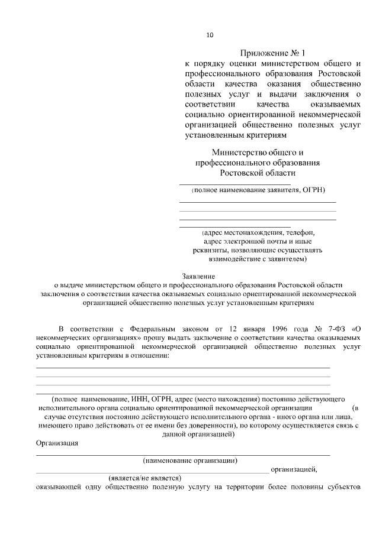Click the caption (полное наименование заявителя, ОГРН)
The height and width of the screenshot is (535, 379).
(x=258, y=190)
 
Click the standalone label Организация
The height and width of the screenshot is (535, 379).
(x=57, y=443)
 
